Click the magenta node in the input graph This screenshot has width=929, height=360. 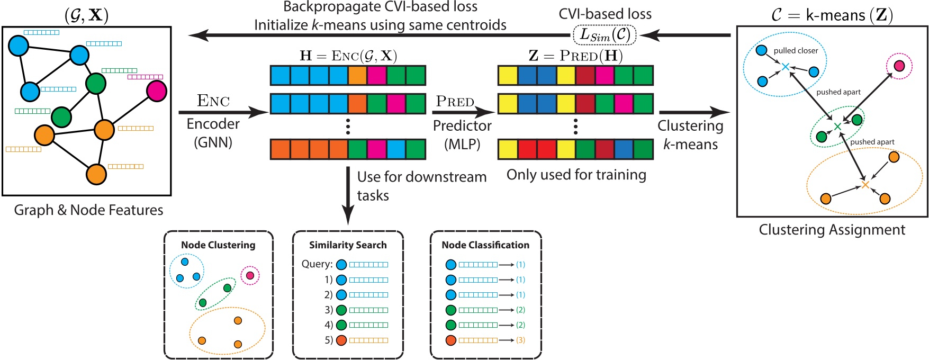tap(157, 91)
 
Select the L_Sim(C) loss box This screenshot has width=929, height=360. tap(605, 35)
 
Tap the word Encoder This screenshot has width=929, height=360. tap(213, 124)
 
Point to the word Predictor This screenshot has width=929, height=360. tap(462, 125)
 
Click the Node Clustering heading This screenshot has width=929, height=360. tap(218, 245)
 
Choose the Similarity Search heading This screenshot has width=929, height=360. tap(348, 245)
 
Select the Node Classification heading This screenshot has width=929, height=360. tap(485, 245)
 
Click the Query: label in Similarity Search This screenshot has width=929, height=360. tap(317, 264)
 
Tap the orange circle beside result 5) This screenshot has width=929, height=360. tap(341, 340)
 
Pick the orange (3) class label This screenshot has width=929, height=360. tap(520, 340)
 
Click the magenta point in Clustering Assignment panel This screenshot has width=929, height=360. tap(899, 66)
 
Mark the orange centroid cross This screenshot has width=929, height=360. tap(865, 185)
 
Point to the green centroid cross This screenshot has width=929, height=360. tap(837, 127)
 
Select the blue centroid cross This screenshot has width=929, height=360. tap(786, 67)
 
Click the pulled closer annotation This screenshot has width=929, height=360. tap(796, 51)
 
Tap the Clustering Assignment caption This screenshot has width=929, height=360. tap(832, 230)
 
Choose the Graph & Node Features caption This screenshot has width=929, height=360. tap(88, 210)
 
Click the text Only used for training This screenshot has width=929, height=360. tap(576, 175)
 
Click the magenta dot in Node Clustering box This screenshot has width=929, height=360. tap(250, 275)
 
